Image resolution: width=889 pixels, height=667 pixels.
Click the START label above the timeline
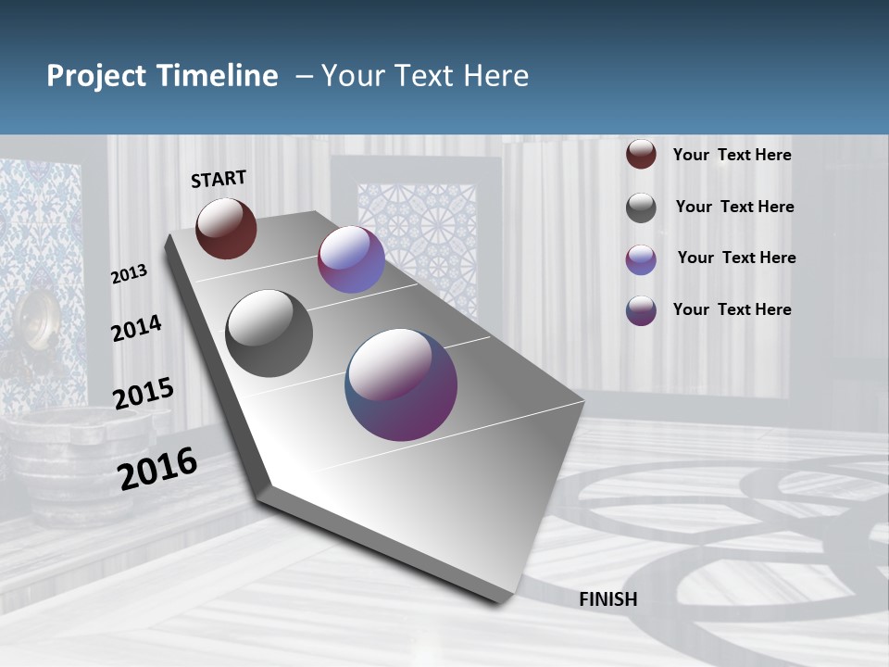[219, 179]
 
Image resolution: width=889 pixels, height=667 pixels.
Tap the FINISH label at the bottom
[608, 599]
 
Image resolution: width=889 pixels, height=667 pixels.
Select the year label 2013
[129, 274]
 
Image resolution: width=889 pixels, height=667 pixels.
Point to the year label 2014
[136, 329]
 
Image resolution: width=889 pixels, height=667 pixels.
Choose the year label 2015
[144, 394]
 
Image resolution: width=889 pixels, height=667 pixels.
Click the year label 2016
[157, 468]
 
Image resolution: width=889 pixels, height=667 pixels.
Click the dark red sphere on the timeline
[226, 228]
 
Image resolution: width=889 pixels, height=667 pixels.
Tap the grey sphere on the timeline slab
[269, 333]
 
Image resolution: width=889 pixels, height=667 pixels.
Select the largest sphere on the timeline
[401, 384]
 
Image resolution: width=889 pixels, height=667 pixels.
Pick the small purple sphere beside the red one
[351, 260]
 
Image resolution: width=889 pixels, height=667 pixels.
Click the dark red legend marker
[641, 155]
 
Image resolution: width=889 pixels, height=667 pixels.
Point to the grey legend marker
[641, 208]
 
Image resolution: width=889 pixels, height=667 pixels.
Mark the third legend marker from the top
[641, 259]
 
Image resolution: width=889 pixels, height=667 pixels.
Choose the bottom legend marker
[641, 310]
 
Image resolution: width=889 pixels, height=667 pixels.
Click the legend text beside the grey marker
[734, 207]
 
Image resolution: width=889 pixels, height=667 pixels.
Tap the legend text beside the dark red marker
[732, 155]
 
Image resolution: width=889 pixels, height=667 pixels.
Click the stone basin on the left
[74, 454]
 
